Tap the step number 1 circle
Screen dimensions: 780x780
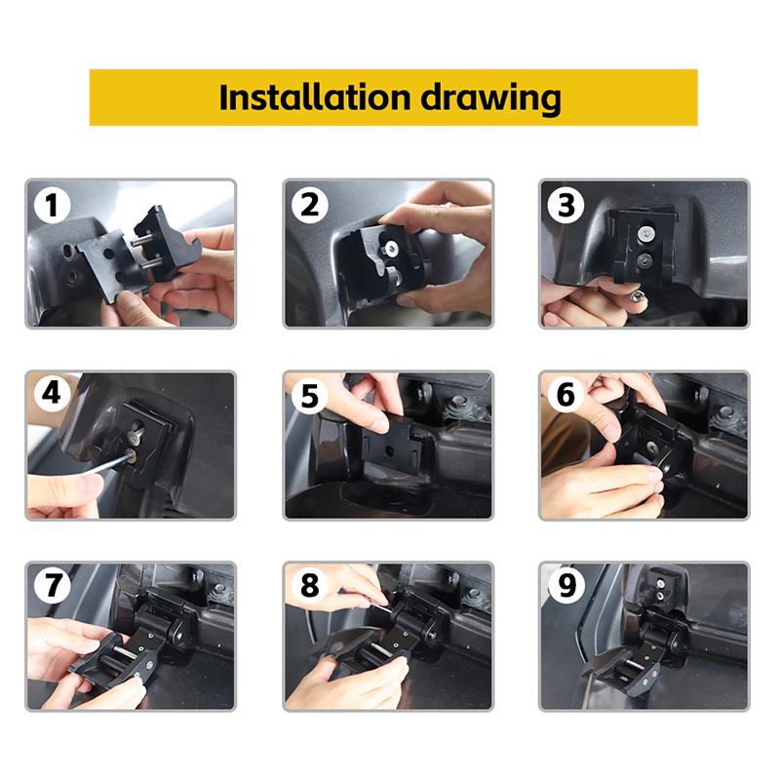point(51,205)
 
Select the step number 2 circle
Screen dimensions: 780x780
point(309,205)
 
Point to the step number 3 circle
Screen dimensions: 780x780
point(566,205)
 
